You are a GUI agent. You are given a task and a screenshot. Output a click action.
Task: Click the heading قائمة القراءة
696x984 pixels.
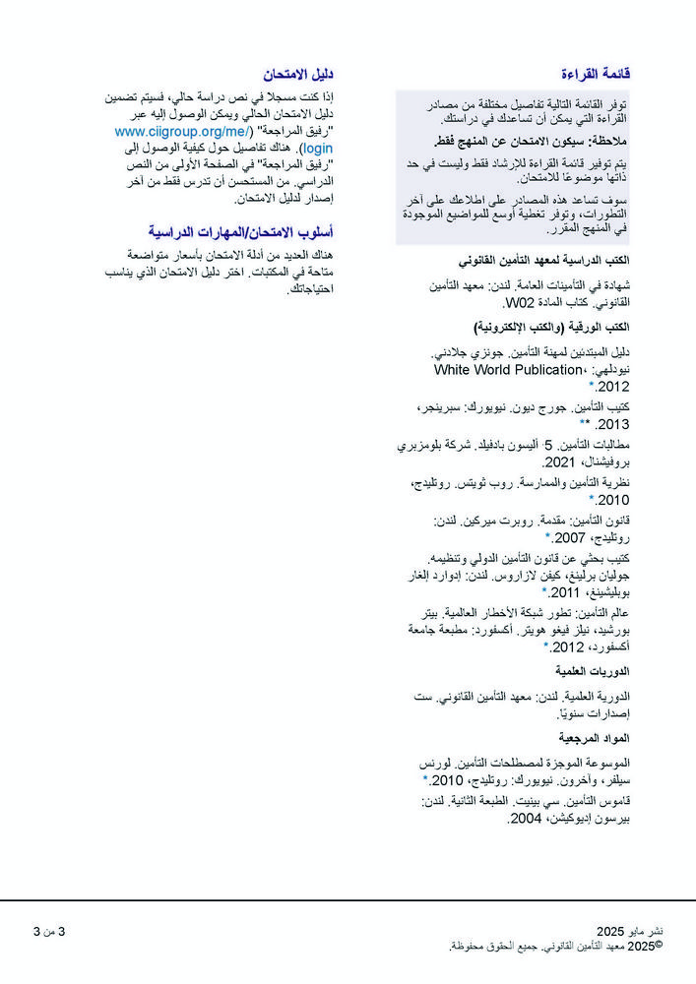(595, 74)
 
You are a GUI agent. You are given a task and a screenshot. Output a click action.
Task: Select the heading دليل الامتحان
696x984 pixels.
(297, 74)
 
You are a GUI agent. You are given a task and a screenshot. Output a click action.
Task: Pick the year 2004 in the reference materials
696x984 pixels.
(526, 818)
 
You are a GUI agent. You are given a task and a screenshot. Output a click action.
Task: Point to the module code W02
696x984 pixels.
(518, 303)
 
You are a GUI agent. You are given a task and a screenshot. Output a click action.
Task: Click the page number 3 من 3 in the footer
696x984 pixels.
(50, 931)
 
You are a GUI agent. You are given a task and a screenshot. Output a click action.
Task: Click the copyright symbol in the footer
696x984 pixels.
(659, 945)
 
